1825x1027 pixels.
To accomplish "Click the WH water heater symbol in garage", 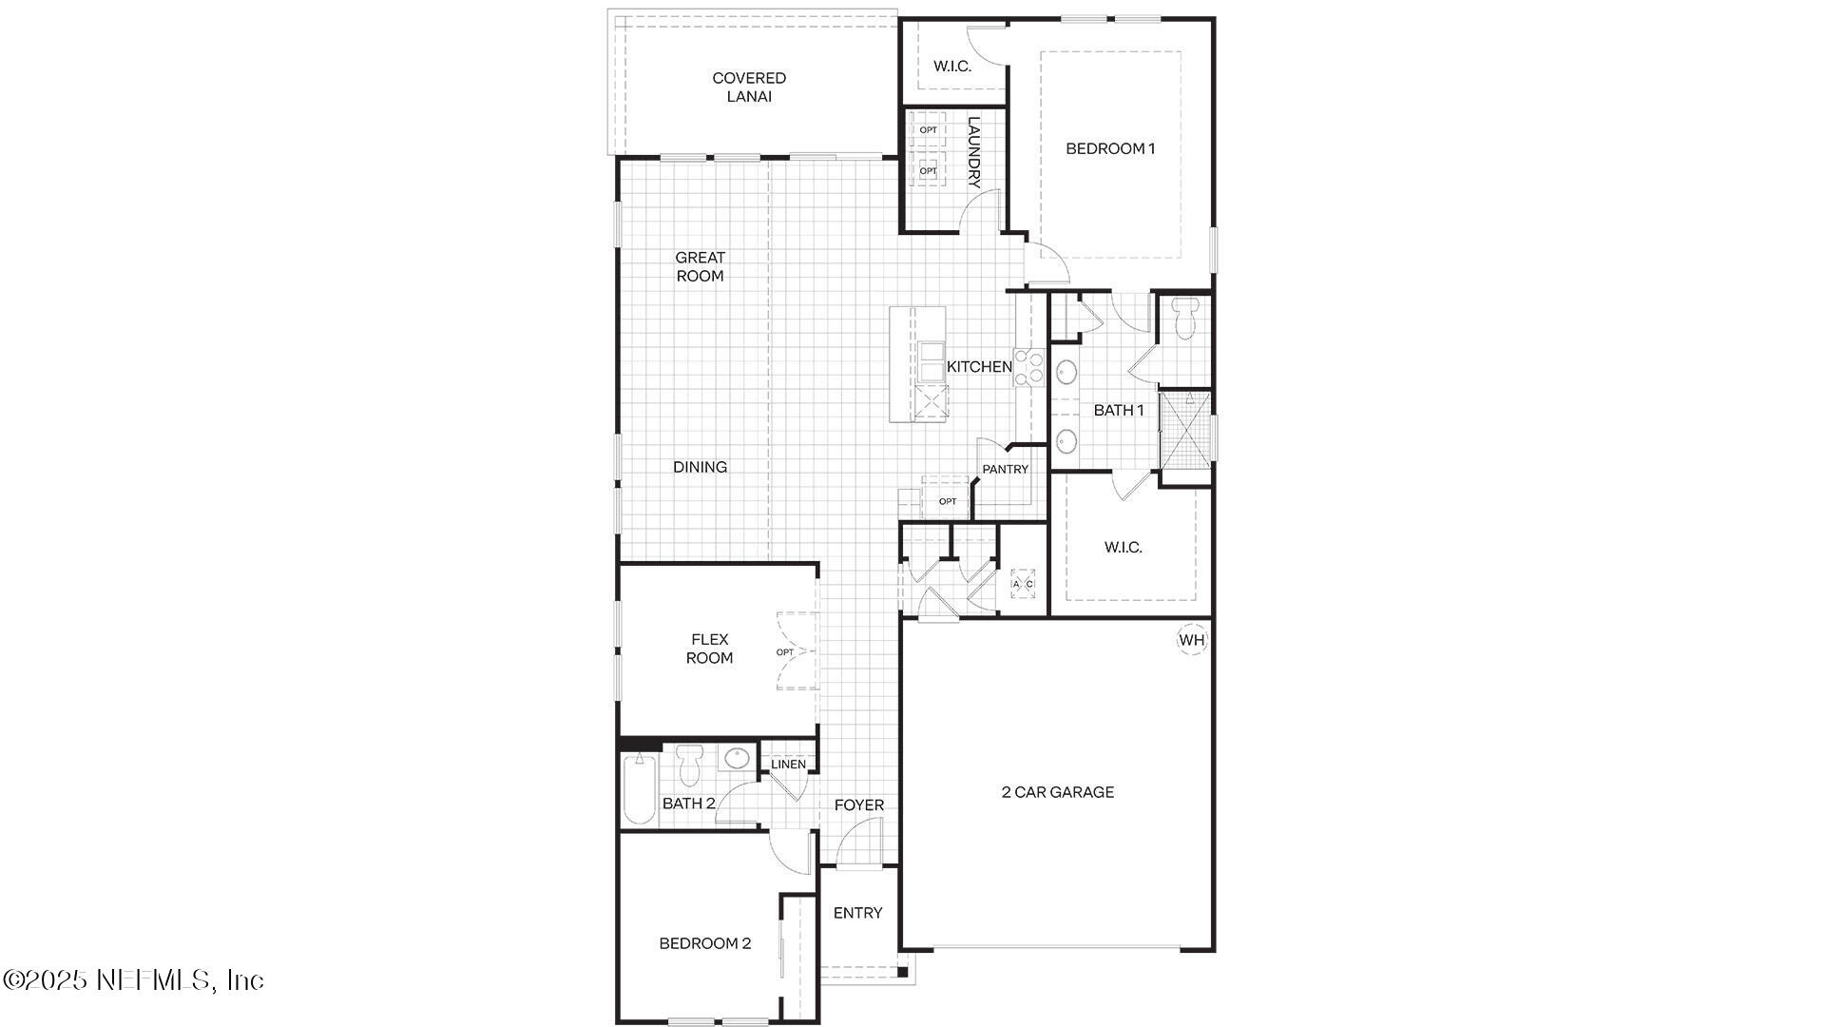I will [1192, 640].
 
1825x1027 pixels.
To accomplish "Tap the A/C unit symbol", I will [1023, 584].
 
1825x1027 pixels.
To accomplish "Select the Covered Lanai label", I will [749, 87].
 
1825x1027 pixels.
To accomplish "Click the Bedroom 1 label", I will [1110, 148].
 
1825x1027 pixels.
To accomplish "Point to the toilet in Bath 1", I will [1184, 320].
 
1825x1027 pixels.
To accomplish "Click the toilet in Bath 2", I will [689, 763].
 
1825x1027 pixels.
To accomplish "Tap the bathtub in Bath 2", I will [640, 788].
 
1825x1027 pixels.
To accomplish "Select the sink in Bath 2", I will [735, 759].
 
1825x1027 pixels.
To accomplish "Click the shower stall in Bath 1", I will [1185, 429].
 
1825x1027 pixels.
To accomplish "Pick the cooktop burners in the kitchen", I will [1028, 368].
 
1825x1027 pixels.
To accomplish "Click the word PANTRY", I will [1005, 470].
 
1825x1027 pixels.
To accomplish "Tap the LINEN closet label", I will [788, 765].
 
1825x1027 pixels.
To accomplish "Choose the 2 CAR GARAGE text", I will [1057, 792].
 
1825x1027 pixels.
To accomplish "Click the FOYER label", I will [858, 805].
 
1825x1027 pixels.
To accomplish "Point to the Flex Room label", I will [709, 649].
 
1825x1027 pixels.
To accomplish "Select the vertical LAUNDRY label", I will [973, 152].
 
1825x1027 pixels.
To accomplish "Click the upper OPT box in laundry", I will [928, 130].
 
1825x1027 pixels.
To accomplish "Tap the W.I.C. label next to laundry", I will [951, 67].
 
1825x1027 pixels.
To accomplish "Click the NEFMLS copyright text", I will [133, 979].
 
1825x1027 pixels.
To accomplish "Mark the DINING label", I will [700, 467].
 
